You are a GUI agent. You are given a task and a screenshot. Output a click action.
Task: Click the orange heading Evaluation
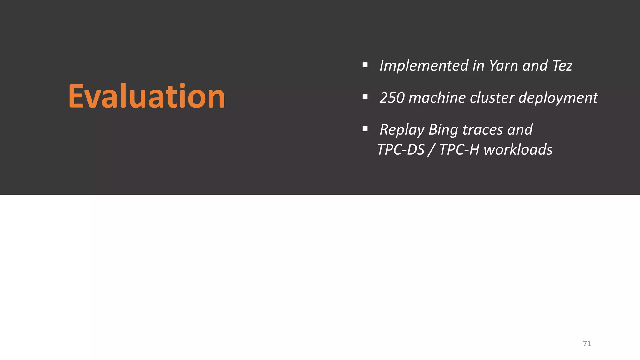[147, 96]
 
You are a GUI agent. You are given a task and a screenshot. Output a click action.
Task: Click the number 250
[392, 98]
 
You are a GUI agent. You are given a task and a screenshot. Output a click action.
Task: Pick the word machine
[437, 98]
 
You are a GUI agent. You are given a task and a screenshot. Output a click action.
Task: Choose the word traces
[482, 130]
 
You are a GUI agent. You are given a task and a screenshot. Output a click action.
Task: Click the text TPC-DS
[401, 150]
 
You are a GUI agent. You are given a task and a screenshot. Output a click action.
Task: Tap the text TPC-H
[459, 150]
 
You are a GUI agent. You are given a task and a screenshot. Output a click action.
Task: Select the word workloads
[518, 150]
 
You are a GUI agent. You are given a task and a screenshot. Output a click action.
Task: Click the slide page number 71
[587, 344]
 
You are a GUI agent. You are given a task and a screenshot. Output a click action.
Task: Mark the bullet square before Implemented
[365, 65]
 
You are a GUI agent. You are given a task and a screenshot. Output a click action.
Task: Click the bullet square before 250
[365, 97]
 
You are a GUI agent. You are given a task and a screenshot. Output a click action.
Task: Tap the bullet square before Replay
[365, 129]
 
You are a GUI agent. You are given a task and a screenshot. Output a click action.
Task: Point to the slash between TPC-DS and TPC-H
[432, 150]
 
